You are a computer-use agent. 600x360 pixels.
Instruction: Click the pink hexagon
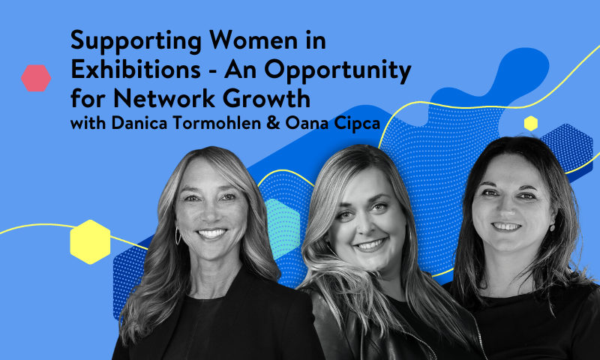click(x=36, y=78)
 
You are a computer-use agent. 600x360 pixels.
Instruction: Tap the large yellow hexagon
click(x=90, y=241)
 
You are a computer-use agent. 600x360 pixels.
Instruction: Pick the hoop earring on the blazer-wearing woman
click(x=178, y=235)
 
